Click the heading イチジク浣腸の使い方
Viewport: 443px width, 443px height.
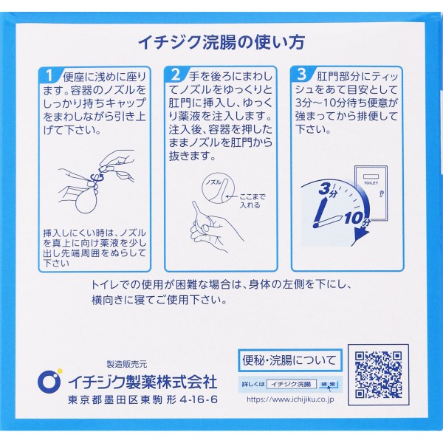click(221, 43)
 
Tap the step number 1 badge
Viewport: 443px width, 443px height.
click(49, 76)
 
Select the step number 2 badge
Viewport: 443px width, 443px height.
click(176, 75)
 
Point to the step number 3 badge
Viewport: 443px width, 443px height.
click(302, 75)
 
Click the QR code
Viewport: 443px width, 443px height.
click(378, 375)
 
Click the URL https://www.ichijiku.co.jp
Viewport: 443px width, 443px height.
click(290, 399)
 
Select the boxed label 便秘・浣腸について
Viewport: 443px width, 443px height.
click(290, 361)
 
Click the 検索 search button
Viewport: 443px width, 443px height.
click(329, 384)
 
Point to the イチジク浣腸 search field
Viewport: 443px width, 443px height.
click(292, 384)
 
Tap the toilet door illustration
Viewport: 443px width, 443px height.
click(371, 193)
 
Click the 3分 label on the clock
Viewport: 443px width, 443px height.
click(328, 190)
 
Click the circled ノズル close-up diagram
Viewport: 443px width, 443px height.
click(218, 187)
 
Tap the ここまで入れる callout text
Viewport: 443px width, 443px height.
click(252, 201)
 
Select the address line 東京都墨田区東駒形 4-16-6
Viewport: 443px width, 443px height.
click(142, 399)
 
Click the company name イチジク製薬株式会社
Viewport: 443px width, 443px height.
click(142, 382)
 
